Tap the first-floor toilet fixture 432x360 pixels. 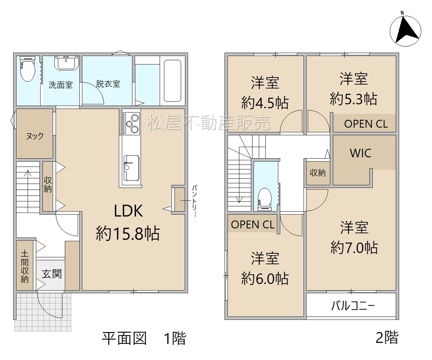click(28, 69)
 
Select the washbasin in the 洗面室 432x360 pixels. click(66, 63)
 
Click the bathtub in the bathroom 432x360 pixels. click(172, 81)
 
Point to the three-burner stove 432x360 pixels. click(131, 123)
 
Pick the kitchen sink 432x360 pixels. click(131, 168)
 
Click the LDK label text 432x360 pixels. click(128, 211)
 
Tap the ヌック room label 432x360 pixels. click(35, 136)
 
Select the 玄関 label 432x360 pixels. click(52, 274)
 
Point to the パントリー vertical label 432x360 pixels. click(195, 201)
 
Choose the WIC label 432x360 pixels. click(360, 153)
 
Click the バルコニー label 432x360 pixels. click(353, 306)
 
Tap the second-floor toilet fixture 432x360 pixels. click(265, 199)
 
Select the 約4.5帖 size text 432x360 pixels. click(265, 103)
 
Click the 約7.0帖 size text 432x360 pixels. click(354, 247)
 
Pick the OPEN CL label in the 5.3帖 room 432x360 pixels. click(366, 124)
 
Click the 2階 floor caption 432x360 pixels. click(387, 338)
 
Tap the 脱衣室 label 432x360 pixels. click(108, 84)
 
